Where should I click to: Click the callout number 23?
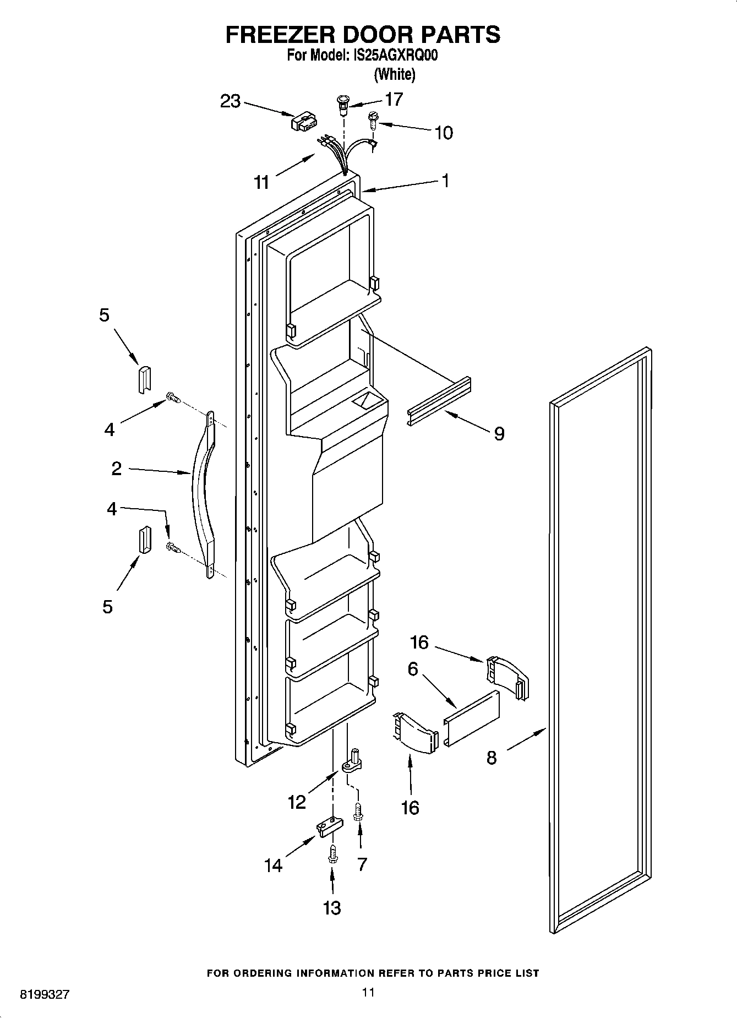click(x=231, y=101)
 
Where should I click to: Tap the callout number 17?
click(x=394, y=99)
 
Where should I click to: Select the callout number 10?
click(x=444, y=133)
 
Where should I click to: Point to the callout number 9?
click(x=499, y=434)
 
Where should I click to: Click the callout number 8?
click(x=492, y=758)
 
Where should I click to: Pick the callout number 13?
click(x=332, y=907)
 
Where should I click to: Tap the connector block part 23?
click(x=303, y=122)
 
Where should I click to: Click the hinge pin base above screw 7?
click(x=353, y=761)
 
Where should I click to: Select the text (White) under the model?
click(x=394, y=73)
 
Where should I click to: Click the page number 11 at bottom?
click(x=368, y=992)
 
